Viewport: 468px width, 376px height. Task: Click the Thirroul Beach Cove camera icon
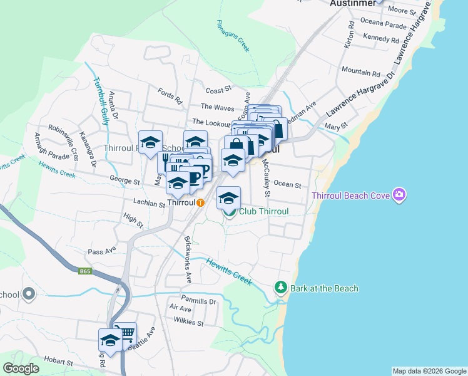pyautogui.click(x=399, y=195)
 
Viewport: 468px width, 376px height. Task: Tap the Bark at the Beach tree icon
pyautogui.click(x=281, y=288)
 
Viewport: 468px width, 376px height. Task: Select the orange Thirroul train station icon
pyautogui.click(x=200, y=202)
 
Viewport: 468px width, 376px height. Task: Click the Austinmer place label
pyautogui.click(x=352, y=3)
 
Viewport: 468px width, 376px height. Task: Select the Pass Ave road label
pyautogui.click(x=103, y=250)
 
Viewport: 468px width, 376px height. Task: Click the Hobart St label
pyautogui.click(x=59, y=362)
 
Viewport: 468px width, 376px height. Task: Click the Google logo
pyautogui.click(x=21, y=368)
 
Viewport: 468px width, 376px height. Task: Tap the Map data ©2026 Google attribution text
pyautogui.click(x=429, y=371)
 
